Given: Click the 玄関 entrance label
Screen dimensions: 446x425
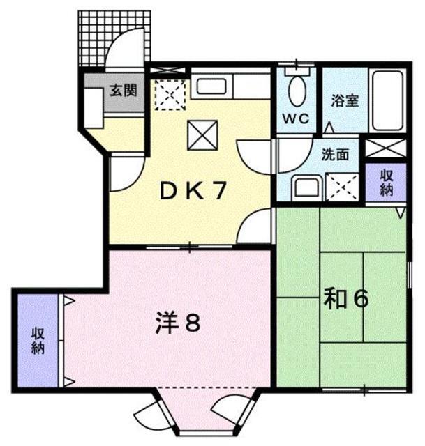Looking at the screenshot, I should [123, 90].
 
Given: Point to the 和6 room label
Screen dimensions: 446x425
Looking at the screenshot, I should [345, 300].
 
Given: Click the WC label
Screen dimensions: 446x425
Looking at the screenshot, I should [295, 118].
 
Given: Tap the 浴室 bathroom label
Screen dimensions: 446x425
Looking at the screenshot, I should [344, 100].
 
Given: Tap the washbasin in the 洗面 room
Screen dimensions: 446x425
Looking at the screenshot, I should [305, 187].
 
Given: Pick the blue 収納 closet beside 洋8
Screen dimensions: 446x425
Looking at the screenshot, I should [38, 341].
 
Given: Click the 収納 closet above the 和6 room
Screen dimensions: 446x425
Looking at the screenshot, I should [387, 183].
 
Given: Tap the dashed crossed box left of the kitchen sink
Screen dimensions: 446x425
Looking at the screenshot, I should [168, 95].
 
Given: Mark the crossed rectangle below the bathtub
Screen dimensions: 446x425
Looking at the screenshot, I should [385, 149].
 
